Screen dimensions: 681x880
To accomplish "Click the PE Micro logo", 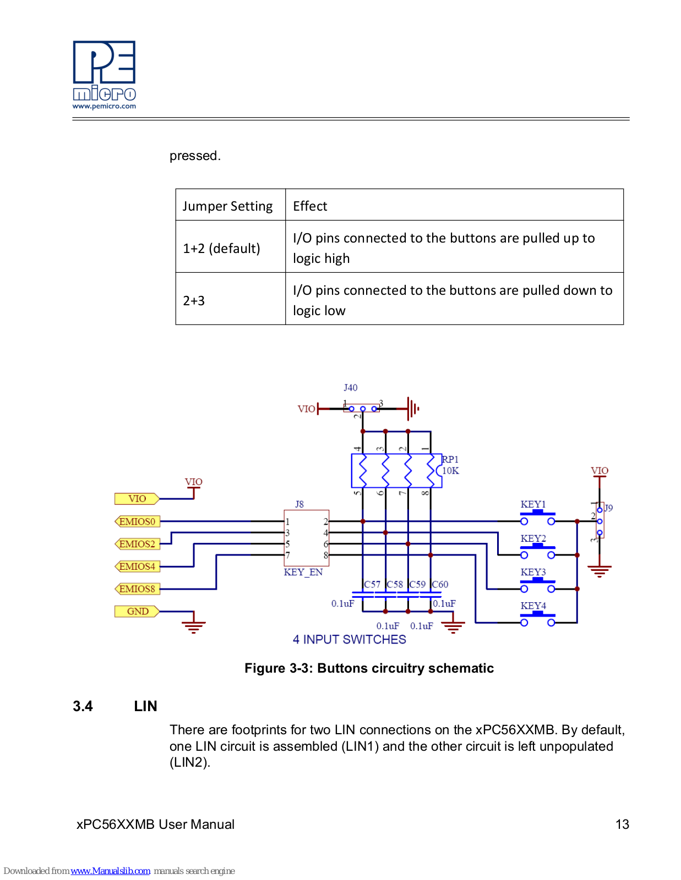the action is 104,75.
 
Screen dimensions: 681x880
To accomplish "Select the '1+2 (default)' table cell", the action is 230,246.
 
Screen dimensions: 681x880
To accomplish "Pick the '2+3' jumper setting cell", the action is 230,299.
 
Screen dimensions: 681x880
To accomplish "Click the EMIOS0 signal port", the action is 138,521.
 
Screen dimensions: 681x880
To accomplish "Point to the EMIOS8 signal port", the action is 138,588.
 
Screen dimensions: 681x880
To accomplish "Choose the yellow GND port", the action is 137,611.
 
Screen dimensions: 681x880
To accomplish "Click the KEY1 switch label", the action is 533,504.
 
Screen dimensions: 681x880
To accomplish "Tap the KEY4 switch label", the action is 533,606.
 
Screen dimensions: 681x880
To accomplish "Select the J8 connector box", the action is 306,538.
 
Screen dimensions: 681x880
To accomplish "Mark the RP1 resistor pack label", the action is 450,459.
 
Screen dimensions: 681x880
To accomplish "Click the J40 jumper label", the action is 351,388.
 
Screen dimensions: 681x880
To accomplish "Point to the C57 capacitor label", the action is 372,584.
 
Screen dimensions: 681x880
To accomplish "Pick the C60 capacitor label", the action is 440,584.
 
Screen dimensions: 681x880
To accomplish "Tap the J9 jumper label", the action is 608,508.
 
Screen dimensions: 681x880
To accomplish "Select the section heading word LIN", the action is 145,706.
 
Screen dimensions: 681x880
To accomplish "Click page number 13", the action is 622,824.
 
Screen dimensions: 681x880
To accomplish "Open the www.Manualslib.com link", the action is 110,871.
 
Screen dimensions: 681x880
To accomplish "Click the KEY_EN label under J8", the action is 303,572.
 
